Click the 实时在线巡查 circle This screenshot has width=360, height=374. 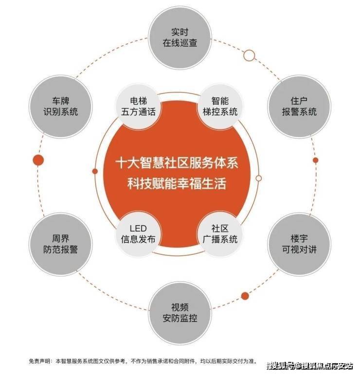click(180, 38)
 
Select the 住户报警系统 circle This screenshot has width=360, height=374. click(299, 107)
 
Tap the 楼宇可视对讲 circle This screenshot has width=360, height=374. click(299, 244)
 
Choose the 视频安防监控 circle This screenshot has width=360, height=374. click(180, 313)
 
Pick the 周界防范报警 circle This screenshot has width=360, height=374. click(61, 244)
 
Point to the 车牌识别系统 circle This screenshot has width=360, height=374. click(61, 107)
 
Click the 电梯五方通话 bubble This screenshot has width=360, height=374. click(138, 107)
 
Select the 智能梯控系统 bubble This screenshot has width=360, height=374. click(220, 107)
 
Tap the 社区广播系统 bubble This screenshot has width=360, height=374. click(220, 234)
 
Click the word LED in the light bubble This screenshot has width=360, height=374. click(138, 229)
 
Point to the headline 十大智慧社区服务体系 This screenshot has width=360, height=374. click(177, 163)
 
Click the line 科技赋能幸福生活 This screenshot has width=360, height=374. click(177, 184)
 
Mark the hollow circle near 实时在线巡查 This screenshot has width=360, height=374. click(249, 55)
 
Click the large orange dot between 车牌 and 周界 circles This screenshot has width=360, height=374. click(38, 160)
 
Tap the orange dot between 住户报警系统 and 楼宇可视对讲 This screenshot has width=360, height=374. click(315, 160)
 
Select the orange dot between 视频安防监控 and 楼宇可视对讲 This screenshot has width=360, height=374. click(245, 296)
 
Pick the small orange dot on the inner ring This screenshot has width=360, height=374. click(95, 171)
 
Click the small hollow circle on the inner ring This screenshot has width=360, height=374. click(259, 178)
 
